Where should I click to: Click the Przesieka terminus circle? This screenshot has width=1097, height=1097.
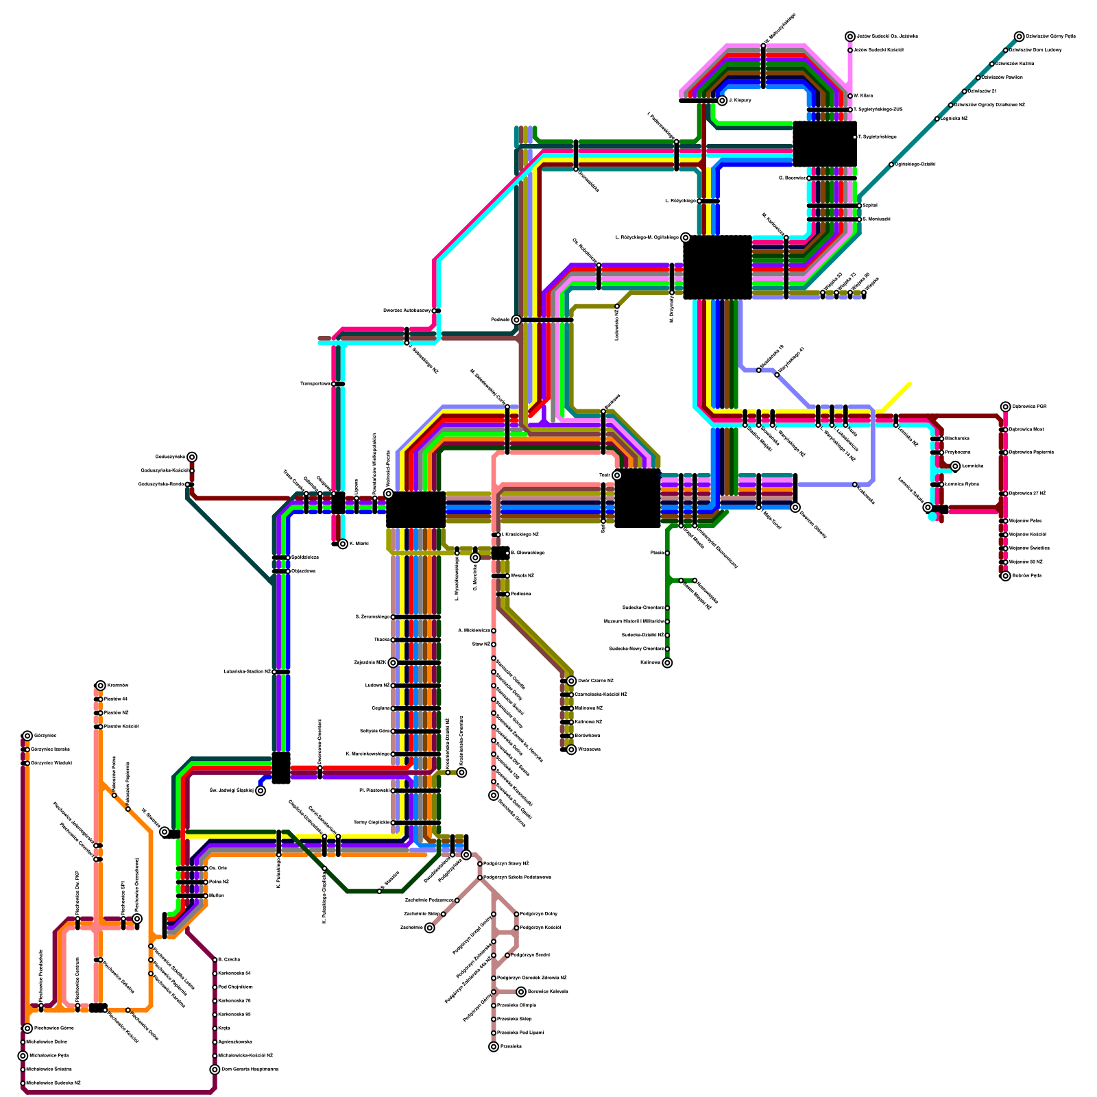[x=494, y=1047]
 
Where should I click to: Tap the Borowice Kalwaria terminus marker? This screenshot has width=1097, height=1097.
[x=521, y=992]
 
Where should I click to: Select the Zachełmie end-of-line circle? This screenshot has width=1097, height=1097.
[x=430, y=928]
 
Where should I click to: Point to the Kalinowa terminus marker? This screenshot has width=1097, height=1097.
[x=667, y=663]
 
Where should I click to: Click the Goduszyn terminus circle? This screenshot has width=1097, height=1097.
[x=192, y=457]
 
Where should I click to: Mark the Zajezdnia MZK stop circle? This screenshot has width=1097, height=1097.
[x=393, y=663]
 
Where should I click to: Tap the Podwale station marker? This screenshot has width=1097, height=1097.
[x=516, y=320]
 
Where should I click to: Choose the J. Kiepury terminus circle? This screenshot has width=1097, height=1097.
[x=722, y=101]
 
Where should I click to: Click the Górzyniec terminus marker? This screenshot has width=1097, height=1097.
[x=27, y=736]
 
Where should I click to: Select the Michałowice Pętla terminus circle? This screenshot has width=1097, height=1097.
[x=23, y=1056]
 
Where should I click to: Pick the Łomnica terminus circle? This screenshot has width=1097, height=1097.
[x=955, y=466]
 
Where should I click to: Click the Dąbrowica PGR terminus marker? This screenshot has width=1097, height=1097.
[x=1005, y=407]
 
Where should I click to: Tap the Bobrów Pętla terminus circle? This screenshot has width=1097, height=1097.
[x=1005, y=576]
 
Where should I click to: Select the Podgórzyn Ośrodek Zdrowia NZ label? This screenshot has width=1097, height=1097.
[x=532, y=978]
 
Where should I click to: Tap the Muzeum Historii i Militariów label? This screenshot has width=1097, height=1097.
[x=634, y=622]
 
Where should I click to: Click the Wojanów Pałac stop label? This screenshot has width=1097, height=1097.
[x=1025, y=521]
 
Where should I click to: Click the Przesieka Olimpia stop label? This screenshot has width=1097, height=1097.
[x=516, y=1006]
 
